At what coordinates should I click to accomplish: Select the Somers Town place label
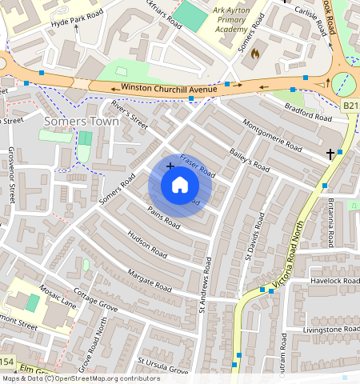click(x=82, y=122)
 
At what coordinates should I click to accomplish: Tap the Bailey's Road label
click(x=250, y=162)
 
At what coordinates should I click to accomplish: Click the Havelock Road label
click(x=331, y=281)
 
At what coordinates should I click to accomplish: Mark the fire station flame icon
click(x=255, y=54)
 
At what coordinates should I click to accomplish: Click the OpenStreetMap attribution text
click(x=80, y=378)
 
